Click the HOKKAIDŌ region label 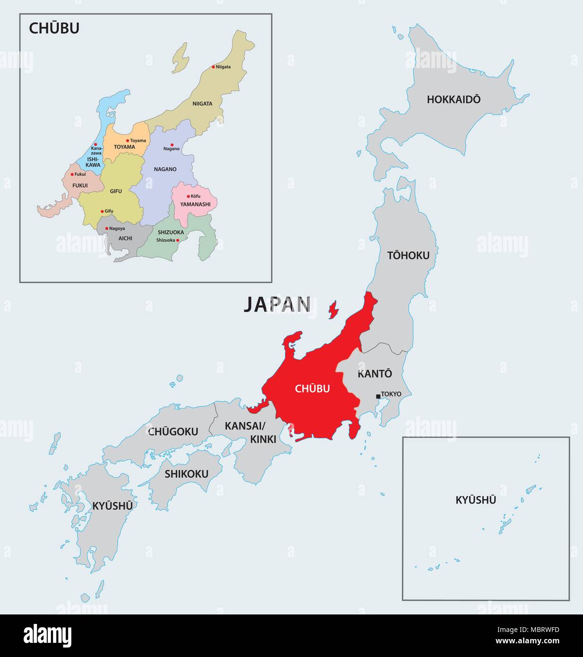coord(454,99)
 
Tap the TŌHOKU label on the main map coord(408,256)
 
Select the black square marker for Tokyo coord(378,396)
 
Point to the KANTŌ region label coord(375,373)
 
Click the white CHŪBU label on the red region coord(312,389)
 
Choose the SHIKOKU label coord(186,474)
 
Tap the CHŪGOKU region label coord(173,432)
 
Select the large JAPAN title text coord(277,305)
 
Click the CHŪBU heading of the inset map coord(54,28)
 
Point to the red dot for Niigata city coord(213,67)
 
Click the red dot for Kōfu coord(188,196)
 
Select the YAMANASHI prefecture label coord(195,204)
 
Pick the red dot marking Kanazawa coord(95,145)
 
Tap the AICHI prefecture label coord(125,238)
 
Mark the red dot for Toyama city coord(128,140)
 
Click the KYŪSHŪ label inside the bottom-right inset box coord(475,500)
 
